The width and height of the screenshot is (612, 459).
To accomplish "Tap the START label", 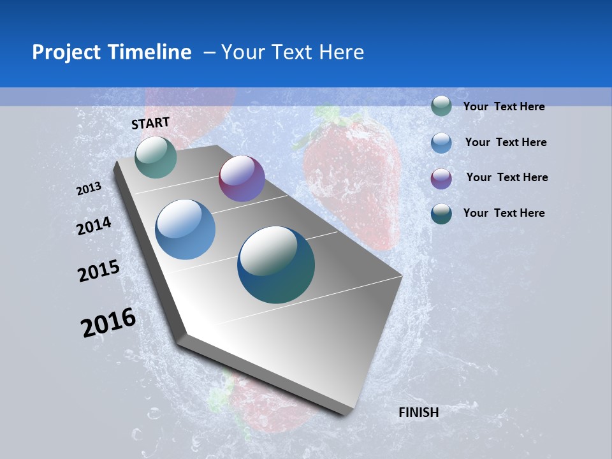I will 150,123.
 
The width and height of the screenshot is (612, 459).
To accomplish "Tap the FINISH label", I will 418,412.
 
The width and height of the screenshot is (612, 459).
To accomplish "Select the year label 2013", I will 89,189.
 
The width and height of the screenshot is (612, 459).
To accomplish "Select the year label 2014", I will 94,226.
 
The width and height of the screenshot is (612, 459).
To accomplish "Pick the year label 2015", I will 99,271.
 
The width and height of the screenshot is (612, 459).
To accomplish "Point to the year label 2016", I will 108,323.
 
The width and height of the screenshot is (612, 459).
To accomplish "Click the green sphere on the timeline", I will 156,157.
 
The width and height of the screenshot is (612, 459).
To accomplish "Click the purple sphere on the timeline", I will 242,178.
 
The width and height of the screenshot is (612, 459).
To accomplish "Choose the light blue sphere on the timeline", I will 186,229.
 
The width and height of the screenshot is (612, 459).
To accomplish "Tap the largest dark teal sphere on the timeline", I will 276,265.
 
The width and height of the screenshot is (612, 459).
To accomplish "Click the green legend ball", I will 441,106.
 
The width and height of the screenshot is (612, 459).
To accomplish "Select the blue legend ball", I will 441,143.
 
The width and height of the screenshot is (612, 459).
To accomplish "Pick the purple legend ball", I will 441,178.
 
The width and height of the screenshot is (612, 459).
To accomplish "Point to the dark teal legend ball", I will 441,214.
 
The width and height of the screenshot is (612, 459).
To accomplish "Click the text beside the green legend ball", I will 504,107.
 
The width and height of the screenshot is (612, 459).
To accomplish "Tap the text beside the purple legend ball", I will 507,177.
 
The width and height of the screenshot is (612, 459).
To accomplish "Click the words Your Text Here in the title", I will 292,52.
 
